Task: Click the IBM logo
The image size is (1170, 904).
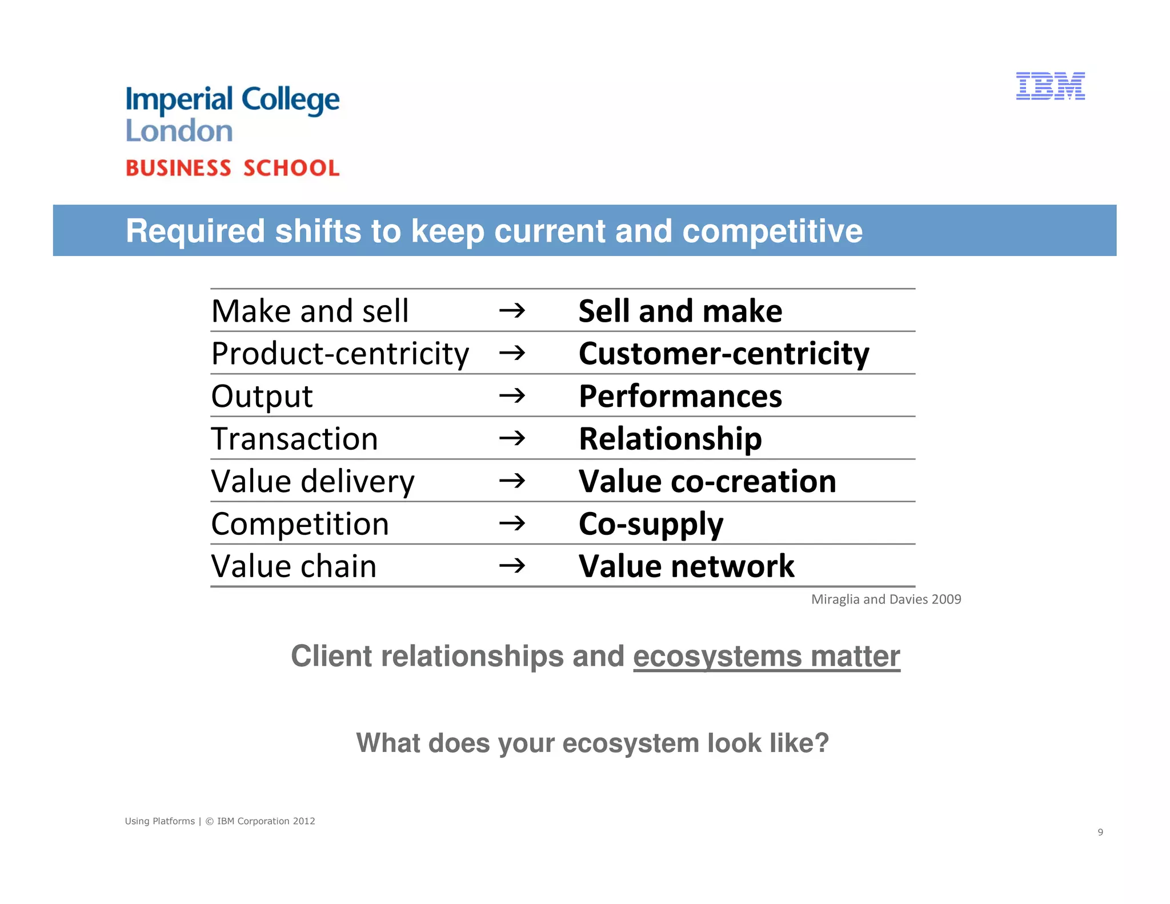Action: point(1050,86)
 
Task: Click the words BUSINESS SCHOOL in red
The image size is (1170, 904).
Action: point(233,168)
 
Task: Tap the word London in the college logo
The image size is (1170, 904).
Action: point(179,131)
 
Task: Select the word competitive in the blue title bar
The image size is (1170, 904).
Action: point(772,231)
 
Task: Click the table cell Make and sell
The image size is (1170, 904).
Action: point(310,311)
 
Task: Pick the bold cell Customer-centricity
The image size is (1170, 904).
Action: point(723,354)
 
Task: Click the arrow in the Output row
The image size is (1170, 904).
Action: point(512,395)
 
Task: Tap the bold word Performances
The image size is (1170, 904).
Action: point(680,397)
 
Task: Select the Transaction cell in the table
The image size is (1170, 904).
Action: point(294,439)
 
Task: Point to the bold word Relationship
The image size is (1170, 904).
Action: point(670,439)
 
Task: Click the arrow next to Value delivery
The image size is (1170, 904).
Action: point(512,481)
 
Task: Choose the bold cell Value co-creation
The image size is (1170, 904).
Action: point(707,481)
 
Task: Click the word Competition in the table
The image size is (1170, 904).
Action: point(300,524)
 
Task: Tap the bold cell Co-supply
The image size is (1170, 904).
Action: point(651,524)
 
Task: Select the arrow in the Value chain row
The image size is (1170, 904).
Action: point(512,566)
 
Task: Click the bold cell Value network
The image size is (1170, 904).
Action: point(686,566)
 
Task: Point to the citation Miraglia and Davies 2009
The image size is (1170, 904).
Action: point(885,599)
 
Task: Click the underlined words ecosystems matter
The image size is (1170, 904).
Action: point(766,656)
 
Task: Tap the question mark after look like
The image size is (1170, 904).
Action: point(822,743)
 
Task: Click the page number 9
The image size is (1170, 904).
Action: point(1100,832)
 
